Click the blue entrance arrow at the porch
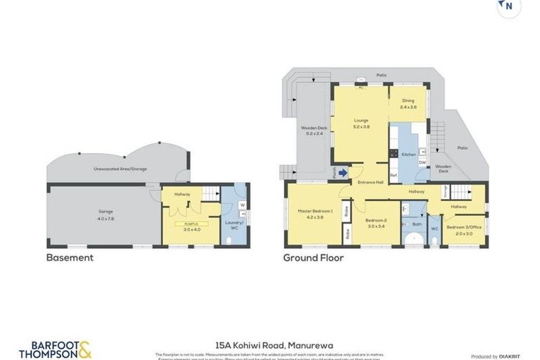[342, 172]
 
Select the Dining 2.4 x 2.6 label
[409, 104]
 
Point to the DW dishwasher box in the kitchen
[422, 162]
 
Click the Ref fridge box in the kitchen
[394, 174]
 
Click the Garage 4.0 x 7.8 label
[105, 214]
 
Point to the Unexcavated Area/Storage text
[120, 169]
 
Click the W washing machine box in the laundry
[242, 205]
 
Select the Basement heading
[70, 258]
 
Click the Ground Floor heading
[314, 258]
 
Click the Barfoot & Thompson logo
[55, 349]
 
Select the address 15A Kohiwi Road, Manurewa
[274, 345]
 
